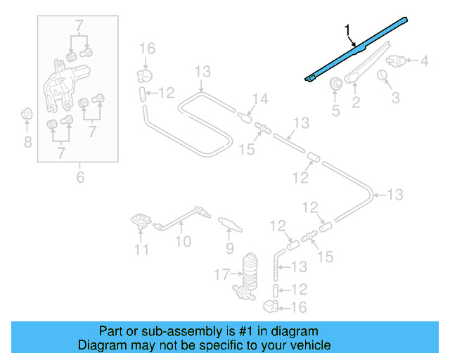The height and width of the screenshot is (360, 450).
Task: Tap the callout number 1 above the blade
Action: [x=347, y=30]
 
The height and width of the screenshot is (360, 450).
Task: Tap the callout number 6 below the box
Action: [x=79, y=177]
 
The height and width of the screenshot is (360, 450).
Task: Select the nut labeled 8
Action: [x=27, y=113]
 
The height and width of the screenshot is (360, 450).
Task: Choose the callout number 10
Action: [x=183, y=242]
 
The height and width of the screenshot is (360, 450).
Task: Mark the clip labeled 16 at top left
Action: [x=145, y=73]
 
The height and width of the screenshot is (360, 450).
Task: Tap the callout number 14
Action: [x=259, y=98]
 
